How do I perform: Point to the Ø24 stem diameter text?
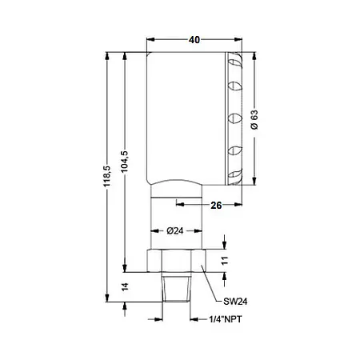coord(176,231)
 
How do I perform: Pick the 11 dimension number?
coord(226,260)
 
